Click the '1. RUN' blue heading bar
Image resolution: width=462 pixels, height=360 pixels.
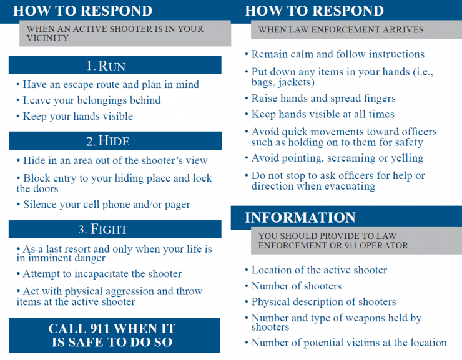115,66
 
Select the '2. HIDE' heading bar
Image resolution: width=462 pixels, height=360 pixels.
115,140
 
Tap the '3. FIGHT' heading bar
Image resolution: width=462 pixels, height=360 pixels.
115,229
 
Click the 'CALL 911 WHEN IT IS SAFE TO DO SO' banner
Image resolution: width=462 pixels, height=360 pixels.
115,335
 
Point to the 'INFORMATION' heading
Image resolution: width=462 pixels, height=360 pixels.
300,218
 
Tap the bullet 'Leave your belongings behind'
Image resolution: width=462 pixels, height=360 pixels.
92,100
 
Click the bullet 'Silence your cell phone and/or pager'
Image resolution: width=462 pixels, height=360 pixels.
106,205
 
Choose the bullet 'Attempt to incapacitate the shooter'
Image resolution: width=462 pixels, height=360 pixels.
102,274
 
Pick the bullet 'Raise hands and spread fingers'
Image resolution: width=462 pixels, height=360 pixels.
323,99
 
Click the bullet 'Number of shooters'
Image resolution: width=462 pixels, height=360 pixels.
296,286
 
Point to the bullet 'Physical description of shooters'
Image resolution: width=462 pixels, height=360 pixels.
323,302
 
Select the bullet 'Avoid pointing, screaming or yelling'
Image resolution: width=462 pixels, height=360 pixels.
337,158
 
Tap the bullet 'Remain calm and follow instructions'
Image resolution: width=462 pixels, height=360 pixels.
338,54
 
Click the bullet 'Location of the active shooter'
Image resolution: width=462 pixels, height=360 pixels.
319,270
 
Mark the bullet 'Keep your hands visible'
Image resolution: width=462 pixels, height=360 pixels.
77,116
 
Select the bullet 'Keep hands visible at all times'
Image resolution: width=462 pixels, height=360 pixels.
323,114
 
